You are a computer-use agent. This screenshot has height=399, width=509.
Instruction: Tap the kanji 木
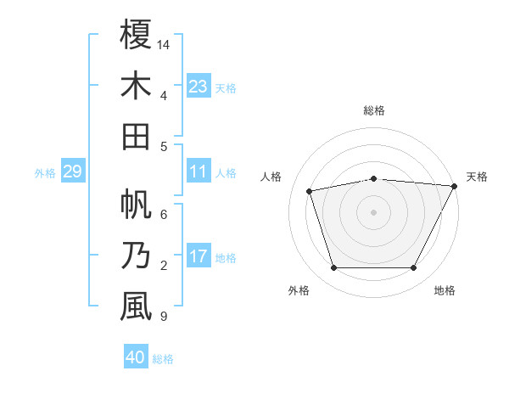pyautogui.click(x=136, y=86)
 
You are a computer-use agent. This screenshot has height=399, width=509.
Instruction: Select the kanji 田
pyautogui.click(x=136, y=137)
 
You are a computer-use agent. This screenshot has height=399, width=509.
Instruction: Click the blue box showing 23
pyautogui.click(x=199, y=86)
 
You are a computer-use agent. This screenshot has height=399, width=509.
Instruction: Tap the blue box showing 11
pyautogui.click(x=199, y=171)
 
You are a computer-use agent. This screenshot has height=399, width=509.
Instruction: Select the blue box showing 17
pyautogui.click(x=199, y=256)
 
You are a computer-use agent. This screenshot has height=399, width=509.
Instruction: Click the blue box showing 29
pyautogui.click(x=72, y=171)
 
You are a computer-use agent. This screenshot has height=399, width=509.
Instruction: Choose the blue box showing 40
pyautogui.click(x=136, y=357)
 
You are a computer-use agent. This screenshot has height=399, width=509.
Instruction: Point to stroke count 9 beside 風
pyautogui.click(x=164, y=317)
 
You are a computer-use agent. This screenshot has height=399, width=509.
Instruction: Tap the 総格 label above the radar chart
pyautogui.click(x=374, y=110)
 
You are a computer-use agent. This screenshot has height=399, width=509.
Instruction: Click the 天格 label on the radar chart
pyautogui.click(x=477, y=177)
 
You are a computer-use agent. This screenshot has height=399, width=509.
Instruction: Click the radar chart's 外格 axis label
pyautogui.click(x=299, y=290)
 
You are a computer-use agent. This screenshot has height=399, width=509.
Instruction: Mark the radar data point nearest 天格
pyautogui.click(x=455, y=186)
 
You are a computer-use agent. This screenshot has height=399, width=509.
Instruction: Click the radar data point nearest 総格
pyautogui.click(x=374, y=178)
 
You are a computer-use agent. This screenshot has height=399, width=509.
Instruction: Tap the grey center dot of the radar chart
pyautogui.click(x=374, y=211)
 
